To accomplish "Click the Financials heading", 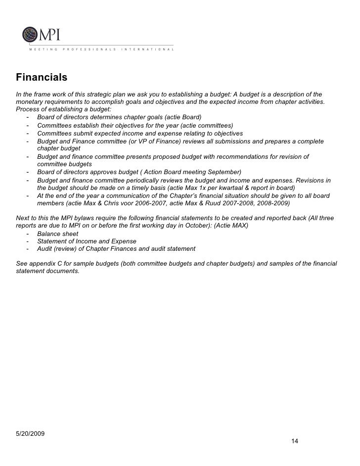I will tap(42, 78).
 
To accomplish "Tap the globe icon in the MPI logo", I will tap(29, 36).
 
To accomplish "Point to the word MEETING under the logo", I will tap(44, 50).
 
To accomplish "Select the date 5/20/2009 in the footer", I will tap(31, 434).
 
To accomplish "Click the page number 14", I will tap(295, 441).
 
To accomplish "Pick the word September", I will tap(223, 172).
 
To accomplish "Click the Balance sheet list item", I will tap(57, 234).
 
